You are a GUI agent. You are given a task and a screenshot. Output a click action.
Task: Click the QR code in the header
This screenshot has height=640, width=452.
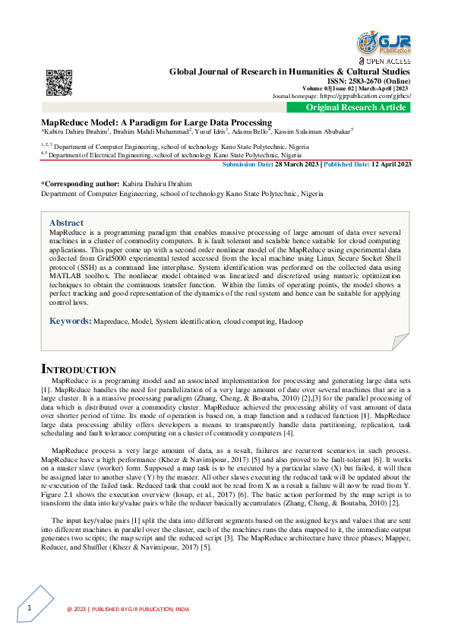(x=58, y=82)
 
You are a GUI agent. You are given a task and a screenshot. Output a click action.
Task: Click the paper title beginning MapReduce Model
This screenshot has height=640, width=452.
(x=156, y=122)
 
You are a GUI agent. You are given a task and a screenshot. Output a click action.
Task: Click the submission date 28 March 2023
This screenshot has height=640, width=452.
(x=292, y=163)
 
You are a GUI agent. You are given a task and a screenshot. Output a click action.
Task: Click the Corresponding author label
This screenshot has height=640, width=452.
(x=80, y=184)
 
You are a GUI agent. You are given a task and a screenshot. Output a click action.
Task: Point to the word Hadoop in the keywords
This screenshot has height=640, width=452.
(x=289, y=322)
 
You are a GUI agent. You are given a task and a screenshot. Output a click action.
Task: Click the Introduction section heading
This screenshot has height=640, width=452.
(x=78, y=369)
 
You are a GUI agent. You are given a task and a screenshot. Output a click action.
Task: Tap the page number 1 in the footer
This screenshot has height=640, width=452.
(x=29, y=609)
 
